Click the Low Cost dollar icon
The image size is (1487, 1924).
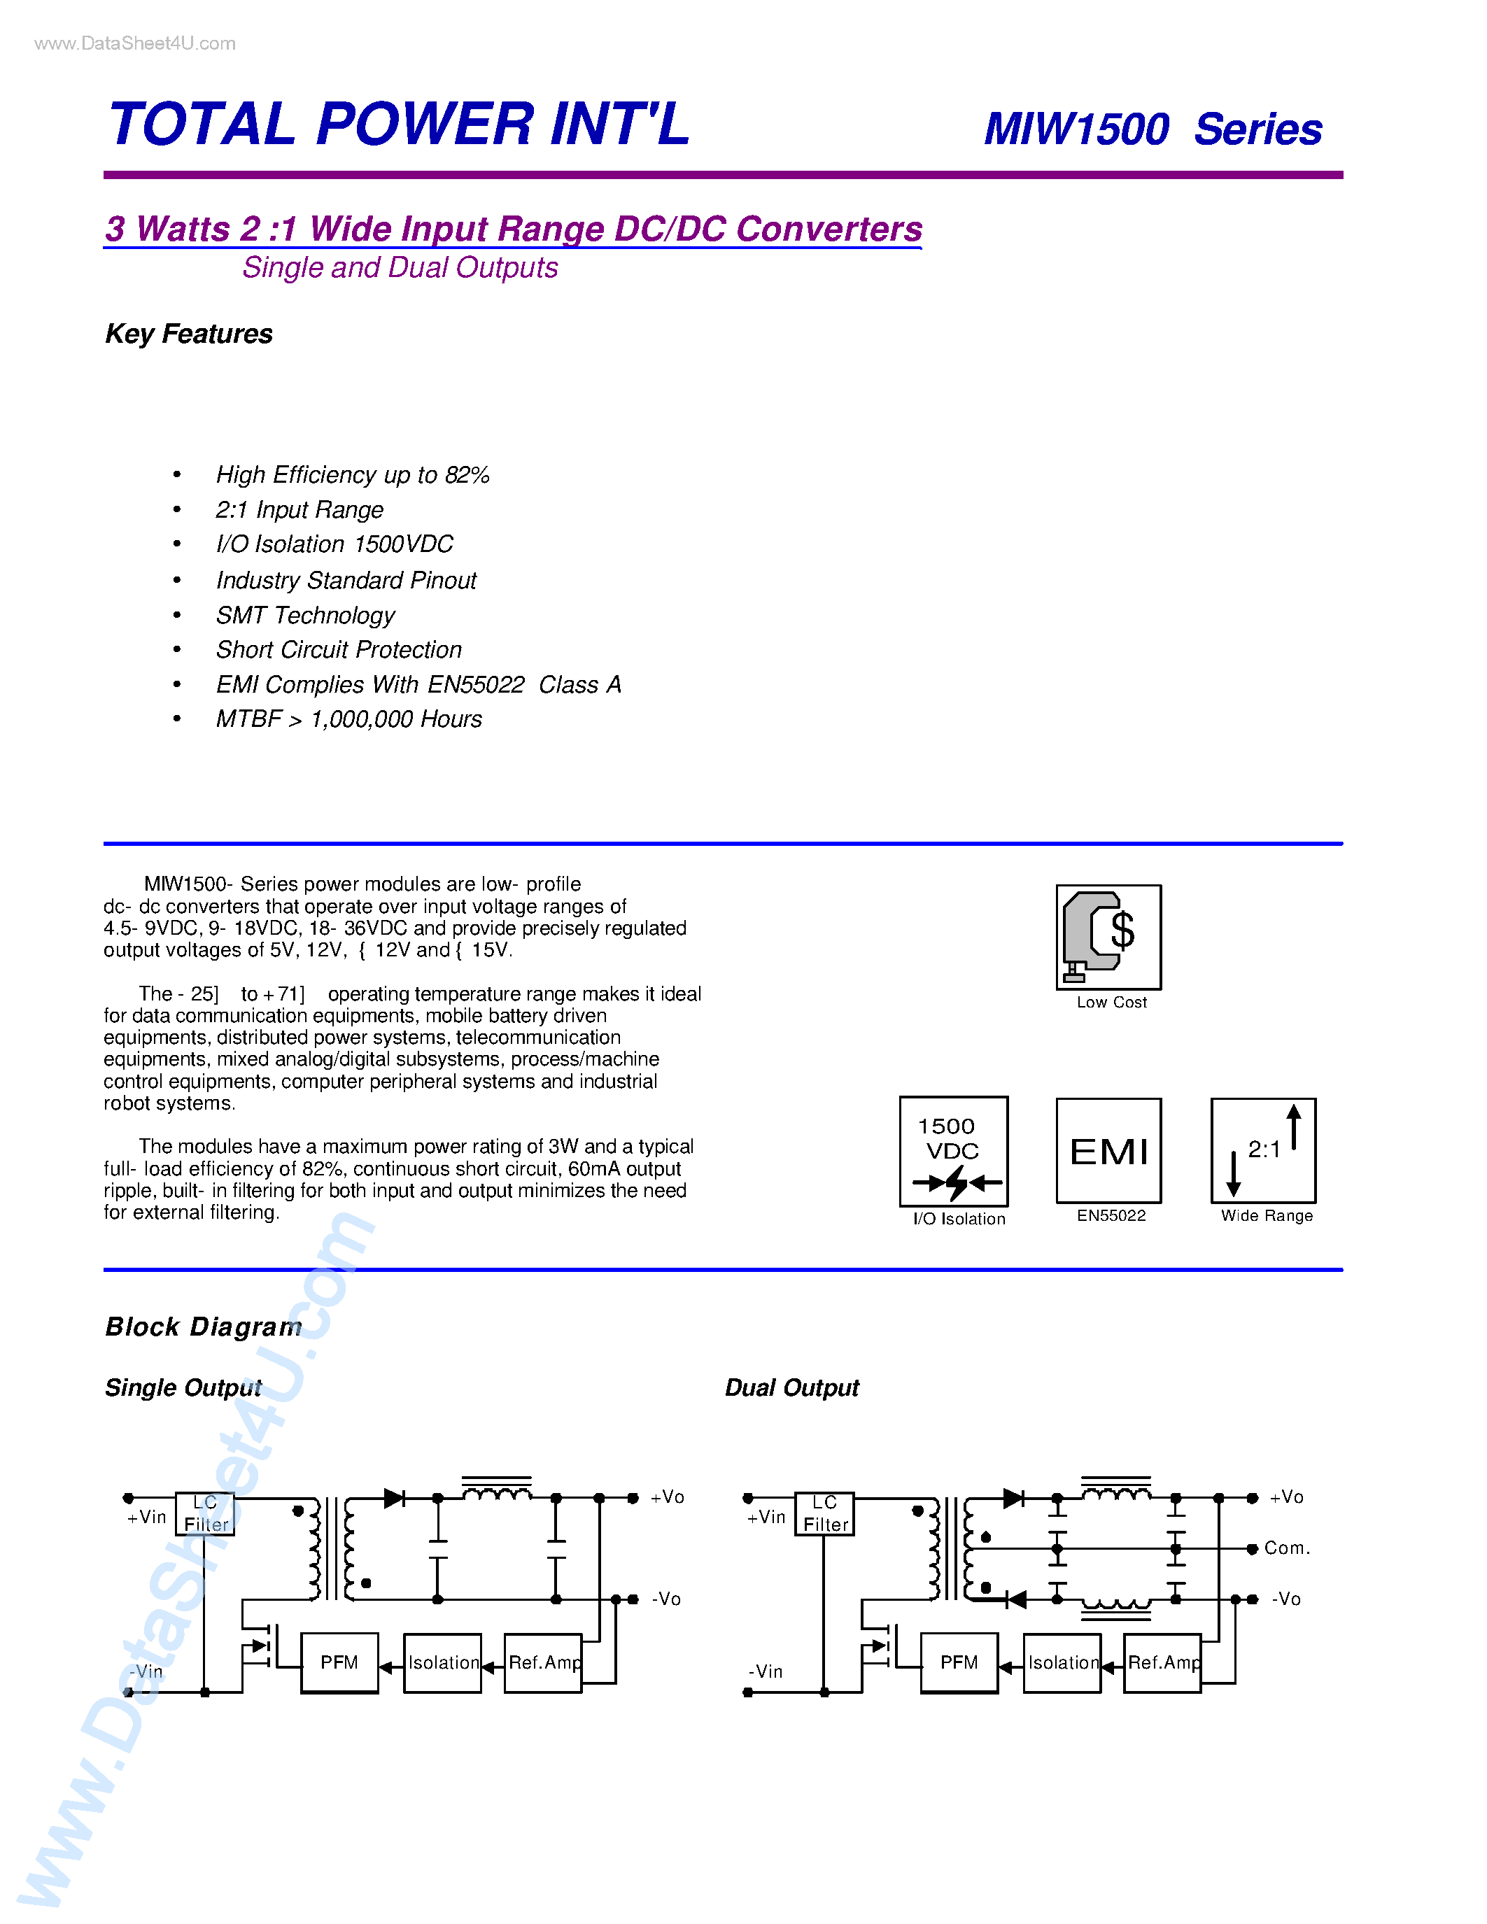pyautogui.click(x=1108, y=936)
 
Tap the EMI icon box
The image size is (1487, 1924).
pyautogui.click(x=1108, y=1150)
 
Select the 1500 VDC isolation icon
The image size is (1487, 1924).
pyautogui.click(x=953, y=1150)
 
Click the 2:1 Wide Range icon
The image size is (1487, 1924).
pyautogui.click(x=1263, y=1150)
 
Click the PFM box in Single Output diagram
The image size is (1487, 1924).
pyautogui.click(x=339, y=1662)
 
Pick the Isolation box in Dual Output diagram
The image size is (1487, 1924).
pyautogui.click(x=1062, y=1662)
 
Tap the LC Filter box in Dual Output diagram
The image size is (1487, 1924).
pyautogui.click(x=824, y=1513)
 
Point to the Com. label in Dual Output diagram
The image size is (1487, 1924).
pyautogui.click(x=1286, y=1548)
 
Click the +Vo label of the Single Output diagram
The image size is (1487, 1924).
pyautogui.click(x=667, y=1497)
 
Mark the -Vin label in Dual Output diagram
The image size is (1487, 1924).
pyautogui.click(x=766, y=1671)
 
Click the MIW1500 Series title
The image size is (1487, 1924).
pyautogui.click(x=1153, y=129)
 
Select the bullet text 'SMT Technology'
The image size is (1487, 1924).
pyautogui.click(x=305, y=615)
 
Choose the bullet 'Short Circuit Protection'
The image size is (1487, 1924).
pyautogui.click(x=338, y=649)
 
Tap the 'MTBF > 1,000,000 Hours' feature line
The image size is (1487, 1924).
pyautogui.click(x=349, y=719)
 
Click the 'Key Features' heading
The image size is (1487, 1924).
pyautogui.click(x=188, y=334)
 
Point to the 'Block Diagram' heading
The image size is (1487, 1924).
pyautogui.click(x=204, y=1327)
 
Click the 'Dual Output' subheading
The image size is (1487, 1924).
pyautogui.click(x=791, y=1387)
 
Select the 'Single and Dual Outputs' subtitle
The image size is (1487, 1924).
pyautogui.click(x=400, y=268)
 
